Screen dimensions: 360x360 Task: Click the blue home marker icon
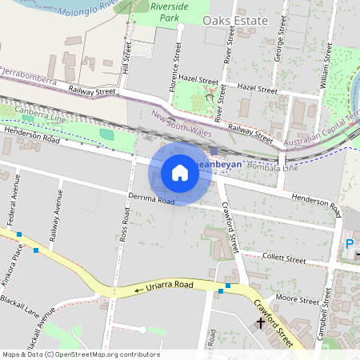pos(180,173)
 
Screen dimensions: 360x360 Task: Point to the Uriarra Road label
pos(169,285)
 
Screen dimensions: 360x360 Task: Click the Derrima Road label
pos(150,198)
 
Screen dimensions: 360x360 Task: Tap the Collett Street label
pos(284,260)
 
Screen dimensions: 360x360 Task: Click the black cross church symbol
pos(260,325)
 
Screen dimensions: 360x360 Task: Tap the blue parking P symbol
pos(349,244)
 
